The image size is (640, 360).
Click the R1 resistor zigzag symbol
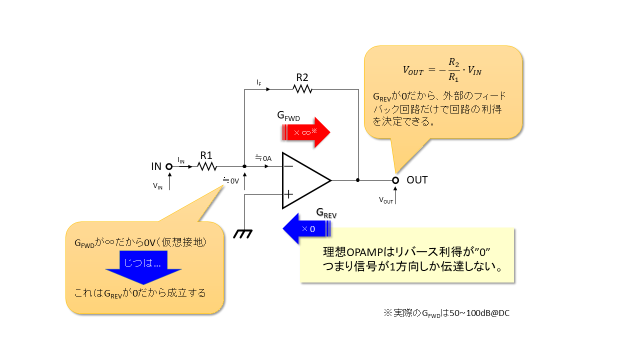(x=207, y=166)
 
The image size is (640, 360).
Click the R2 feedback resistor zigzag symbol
(x=302, y=89)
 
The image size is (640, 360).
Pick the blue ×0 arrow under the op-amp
(x=306, y=228)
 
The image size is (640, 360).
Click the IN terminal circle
(x=169, y=166)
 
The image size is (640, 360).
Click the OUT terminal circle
(x=395, y=180)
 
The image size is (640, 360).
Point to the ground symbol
(x=243, y=233)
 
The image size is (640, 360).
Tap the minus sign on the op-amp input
(x=288, y=167)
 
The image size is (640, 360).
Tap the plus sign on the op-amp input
(x=288, y=194)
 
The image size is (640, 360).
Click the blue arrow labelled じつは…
(x=143, y=266)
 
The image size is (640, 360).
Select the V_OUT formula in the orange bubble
(x=442, y=70)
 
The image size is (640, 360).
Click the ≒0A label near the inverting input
(x=263, y=158)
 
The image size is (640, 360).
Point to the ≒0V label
(x=231, y=180)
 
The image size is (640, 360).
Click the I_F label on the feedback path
(x=258, y=81)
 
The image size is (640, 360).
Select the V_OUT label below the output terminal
(x=386, y=200)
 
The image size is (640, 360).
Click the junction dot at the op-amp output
(x=358, y=180)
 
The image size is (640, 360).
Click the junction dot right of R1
(x=244, y=166)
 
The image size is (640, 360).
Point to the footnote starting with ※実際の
(x=446, y=313)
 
